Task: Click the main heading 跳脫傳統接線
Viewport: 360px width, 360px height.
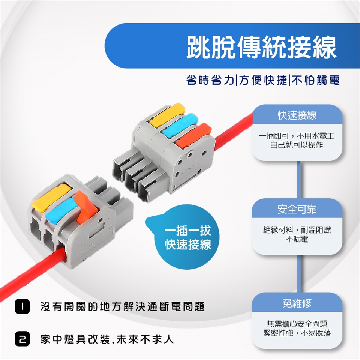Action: pyautogui.click(x=261, y=47)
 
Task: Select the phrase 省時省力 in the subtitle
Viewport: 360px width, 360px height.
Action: pyautogui.click(x=210, y=80)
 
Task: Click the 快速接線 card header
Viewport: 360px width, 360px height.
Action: pyautogui.click(x=297, y=115)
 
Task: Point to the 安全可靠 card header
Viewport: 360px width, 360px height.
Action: pyautogui.click(x=297, y=209)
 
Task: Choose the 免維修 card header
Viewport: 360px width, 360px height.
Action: pyautogui.click(x=297, y=303)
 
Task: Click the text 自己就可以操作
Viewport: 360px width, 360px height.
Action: pyautogui.click(x=297, y=145)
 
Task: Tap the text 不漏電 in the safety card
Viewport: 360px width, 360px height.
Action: pyautogui.click(x=297, y=239)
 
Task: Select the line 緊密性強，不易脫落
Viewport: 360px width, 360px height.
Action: pyautogui.click(x=297, y=333)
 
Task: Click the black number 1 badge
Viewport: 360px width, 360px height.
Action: pyautogui.click(x=22, y=306)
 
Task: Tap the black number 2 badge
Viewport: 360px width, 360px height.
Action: pyautogui.click(x=22, y=339)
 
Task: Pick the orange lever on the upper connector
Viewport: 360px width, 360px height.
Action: pyautogui.click(x=193, y=135)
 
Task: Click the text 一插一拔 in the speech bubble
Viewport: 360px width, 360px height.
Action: pyautogui.click(x=188, y=230)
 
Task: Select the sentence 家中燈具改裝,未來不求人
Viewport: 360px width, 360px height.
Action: pyautogui.click(x=107, y=339)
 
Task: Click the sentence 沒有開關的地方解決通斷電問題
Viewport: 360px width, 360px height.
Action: pyautogui.click(x=122, y=306)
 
